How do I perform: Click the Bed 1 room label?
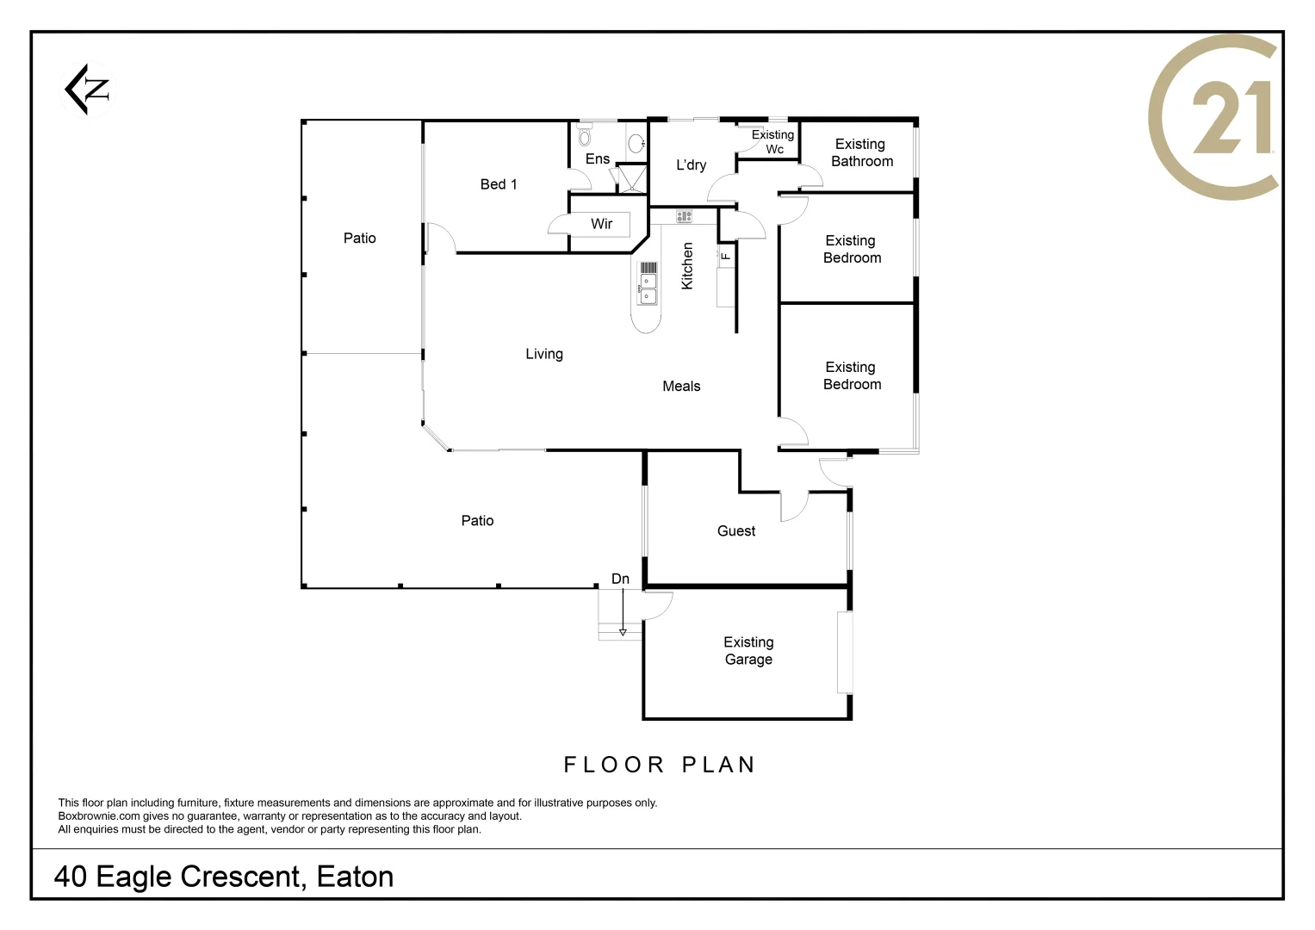click(x=499, y=184)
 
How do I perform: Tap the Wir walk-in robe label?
click(x=601, y=224)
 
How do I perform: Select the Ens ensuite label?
click(x=597, y=159)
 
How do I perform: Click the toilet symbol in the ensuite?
click(x=585, y=137)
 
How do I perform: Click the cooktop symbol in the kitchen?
click(x=685, y=216)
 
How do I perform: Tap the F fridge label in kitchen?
click(x=726, y=256)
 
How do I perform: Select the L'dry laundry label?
click(x=691, y=165)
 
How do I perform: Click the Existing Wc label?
click(x=773, y=142)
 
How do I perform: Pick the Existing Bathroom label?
click(x=861, y=152)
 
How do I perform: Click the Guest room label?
click(x=736, y=531)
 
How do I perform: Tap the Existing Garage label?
click(x=748, y=651)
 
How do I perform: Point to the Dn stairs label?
click(x=620, y=579)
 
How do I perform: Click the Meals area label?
click(x=681, y=387)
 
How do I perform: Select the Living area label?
click(x=544, y=354)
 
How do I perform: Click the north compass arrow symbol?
click(x=88, y=89)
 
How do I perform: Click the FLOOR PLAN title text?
click(x=660, y=765)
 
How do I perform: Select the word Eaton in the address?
click(x=355, y=877)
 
